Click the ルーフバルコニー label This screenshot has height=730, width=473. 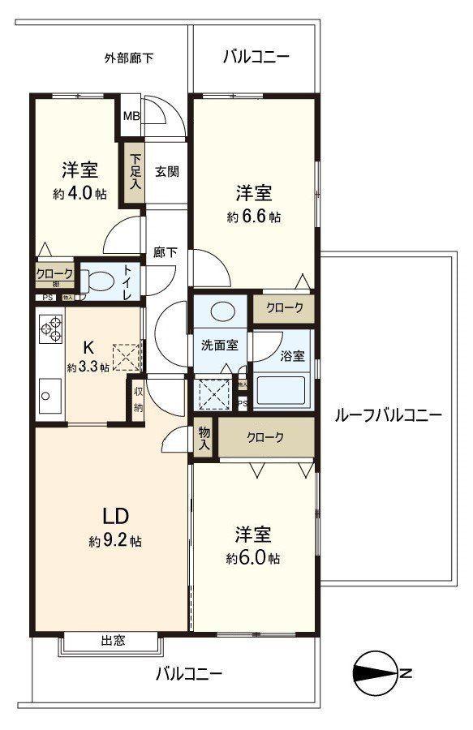pos(388,416)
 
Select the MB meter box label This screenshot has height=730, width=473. pos(131,116)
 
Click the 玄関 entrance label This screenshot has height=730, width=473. pos(167,171)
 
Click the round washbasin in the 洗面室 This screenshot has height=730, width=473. pos(220,312)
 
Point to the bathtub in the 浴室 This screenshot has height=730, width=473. pos(280,391)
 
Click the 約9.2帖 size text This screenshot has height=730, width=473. pos(115,542)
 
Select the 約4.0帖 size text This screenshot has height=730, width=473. pos(79,194)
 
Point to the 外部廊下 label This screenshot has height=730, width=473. pos(129,58)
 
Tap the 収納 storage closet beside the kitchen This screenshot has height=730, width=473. pos(139,398)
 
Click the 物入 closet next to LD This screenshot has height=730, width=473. pos(204,439)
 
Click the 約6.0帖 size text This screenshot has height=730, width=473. pos(254,559)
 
